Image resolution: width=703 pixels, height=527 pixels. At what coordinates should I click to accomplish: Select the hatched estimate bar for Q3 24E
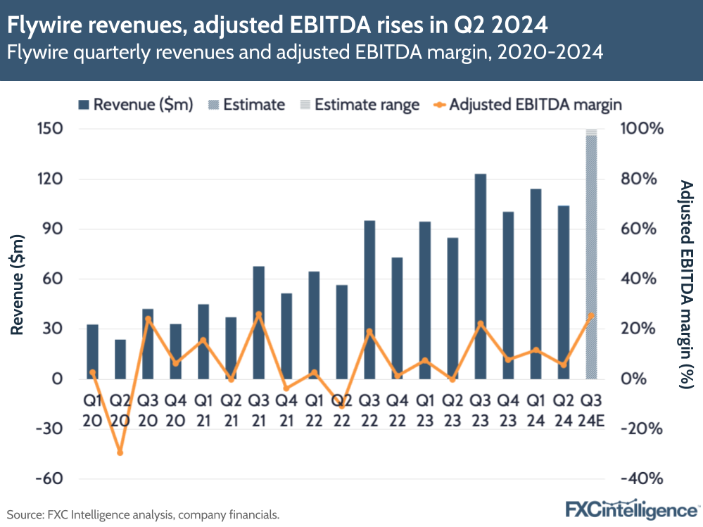coord(591,257)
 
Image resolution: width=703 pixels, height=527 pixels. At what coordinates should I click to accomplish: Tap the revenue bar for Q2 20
coord(120,360)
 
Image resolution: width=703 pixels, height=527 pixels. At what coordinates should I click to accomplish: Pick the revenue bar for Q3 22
coord(369,300)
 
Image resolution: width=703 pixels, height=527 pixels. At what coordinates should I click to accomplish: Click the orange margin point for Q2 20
coord(120,452)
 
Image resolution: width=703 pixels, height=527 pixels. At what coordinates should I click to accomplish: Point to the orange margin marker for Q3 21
coord(259,315)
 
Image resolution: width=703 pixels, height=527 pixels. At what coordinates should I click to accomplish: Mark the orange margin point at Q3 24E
coord(591,316)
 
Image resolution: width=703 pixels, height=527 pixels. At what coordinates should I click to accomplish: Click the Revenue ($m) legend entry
coord(134,105)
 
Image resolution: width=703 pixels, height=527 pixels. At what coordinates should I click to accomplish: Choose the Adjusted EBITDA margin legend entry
coord(528,105)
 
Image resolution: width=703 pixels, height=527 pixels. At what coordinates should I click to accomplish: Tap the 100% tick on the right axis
coord(641,129)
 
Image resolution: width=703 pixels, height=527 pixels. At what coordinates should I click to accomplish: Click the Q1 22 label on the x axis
coord(315,409)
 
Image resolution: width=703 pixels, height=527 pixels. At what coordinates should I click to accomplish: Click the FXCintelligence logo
coord(633,509)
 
